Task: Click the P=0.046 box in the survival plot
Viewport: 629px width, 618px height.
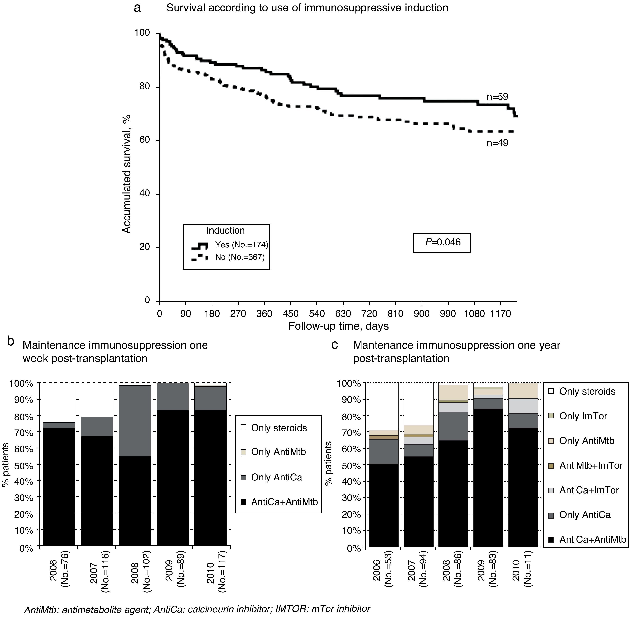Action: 442,242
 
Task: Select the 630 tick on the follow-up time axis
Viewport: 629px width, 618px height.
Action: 343,314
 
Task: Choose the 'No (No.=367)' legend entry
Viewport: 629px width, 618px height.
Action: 240,257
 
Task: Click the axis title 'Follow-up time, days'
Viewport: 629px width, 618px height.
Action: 338,326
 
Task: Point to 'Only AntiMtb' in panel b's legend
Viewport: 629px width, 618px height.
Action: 278,452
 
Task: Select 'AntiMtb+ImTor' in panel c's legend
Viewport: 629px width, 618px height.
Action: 591,465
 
